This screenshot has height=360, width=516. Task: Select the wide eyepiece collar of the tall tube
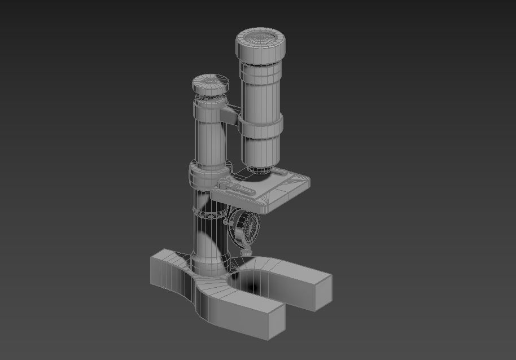pos(262,54)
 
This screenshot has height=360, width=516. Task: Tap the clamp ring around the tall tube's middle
pos(260,126)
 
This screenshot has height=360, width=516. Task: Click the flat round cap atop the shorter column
pos(211,84)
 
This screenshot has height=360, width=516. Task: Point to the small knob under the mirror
pos(246,252)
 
